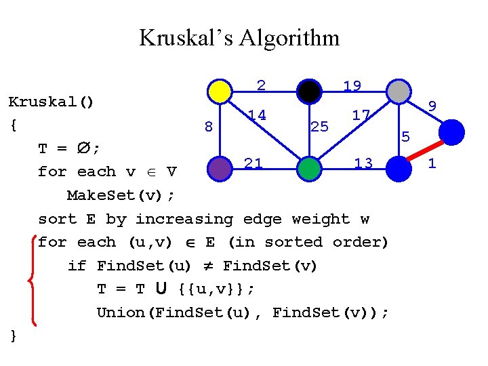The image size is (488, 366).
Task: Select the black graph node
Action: [309, 91]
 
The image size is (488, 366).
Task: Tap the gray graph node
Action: [398, 91]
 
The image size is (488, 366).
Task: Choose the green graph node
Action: [308, 169]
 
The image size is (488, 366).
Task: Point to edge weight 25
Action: [319, 126]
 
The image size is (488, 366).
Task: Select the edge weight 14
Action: [256, 115]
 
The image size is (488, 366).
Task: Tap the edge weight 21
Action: [253, 163]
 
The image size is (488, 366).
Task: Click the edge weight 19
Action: [352, 86]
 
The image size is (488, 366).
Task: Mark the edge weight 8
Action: [209, 127]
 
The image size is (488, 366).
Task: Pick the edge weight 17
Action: [361, 115]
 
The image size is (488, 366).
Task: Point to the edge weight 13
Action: [363, 163]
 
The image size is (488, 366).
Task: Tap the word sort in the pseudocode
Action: [57, 219]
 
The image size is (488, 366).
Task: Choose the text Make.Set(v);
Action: [121, 195]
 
